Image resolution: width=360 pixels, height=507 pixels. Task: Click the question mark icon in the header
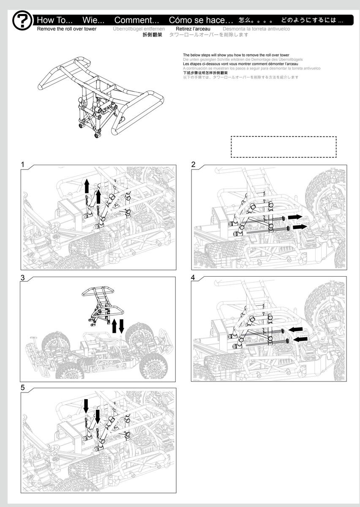click(x=22, y=21)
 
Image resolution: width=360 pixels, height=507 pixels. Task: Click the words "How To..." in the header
click(x=55, y=20)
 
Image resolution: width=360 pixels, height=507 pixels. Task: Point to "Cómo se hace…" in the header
click(x=201, y=20)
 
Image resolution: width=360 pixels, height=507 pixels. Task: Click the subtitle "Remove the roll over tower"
click(x=67, y=29)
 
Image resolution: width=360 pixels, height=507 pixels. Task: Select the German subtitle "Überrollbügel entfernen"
click(x=139, y=29)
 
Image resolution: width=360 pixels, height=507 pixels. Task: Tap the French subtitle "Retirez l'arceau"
click(x=193, y=29)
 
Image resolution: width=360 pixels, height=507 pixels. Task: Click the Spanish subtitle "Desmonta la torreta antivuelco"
click(x=256, y=29)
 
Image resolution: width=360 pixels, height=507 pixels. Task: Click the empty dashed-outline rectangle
click(x=284, y=147)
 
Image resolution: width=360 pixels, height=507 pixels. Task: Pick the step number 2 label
click(x=194, y=164)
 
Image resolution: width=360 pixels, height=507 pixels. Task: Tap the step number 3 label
click(x=23, y=278)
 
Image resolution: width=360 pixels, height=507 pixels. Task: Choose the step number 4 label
click(x=193, y=278)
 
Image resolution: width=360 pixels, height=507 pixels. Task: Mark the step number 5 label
click(x=23, y=387)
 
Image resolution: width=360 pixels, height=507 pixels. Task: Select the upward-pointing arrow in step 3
click(x=114, y=327)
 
